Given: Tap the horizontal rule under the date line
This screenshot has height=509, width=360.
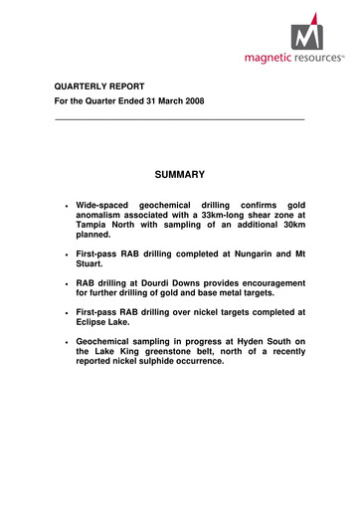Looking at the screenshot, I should [178, 120].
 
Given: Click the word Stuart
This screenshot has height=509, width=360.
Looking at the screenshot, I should [91, 265].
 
